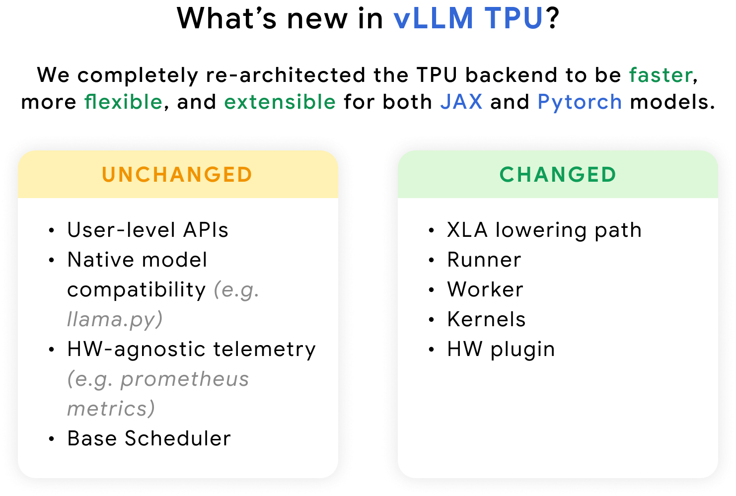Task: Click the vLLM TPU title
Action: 467,18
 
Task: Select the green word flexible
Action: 123,102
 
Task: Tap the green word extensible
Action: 280,102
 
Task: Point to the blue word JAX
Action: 461,102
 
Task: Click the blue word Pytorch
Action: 580,102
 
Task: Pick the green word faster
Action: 661,75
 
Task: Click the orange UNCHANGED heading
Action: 177,175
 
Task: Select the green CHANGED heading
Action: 558,175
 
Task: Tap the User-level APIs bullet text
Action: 147,230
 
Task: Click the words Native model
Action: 137,260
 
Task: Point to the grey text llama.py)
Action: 115,319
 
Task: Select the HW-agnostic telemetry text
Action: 191,349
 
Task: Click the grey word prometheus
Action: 184,379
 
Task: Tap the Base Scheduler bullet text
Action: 149,438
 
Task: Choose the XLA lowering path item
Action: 544,230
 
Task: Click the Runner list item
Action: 484,260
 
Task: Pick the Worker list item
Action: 485,289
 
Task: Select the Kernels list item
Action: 486,319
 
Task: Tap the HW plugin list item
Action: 501,349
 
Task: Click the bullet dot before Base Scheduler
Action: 52,439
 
